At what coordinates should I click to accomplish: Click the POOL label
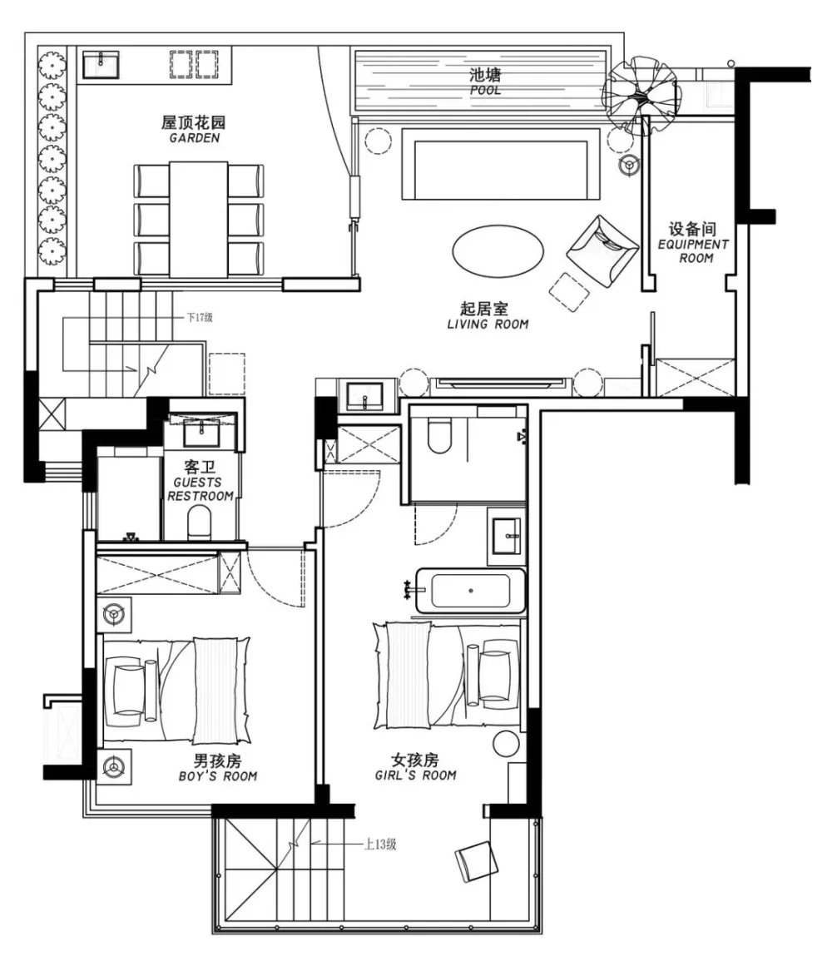tap(485, 90)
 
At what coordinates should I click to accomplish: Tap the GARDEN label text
tap(194, 138)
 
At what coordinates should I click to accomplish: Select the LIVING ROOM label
tap(488, 324)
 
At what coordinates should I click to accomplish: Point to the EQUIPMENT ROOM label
tap(694, 251)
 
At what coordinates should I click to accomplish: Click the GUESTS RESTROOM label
tap(201, 489)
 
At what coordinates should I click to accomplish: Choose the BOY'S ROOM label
tap(218, 776)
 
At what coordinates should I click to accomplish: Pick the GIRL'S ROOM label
tap(416, 775)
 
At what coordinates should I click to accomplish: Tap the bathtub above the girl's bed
tap(471, 591)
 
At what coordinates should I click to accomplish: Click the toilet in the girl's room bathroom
tap(438, 434)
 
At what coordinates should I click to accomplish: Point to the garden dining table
tap(199, 220)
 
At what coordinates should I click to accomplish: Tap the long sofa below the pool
tap(501, 164)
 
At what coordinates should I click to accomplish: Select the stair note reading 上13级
tap(380, 845)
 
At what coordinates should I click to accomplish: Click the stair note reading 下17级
tap(200, 318)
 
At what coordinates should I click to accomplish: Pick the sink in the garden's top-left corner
tap(101, 64)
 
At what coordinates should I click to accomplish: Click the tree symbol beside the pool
tap(641, 95)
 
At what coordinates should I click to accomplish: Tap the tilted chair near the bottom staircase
tap(477, 860)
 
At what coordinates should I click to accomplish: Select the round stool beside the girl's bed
tap(507, 744)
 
